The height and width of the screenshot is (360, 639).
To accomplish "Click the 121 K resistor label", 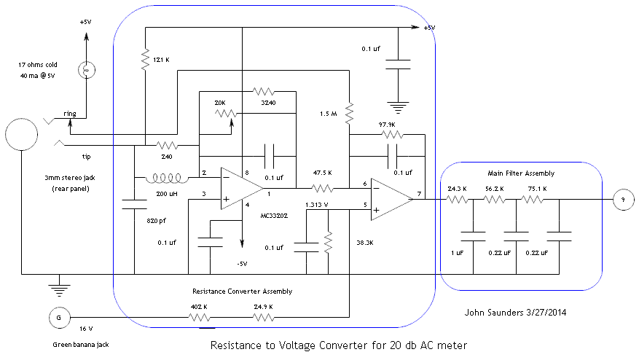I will tap(162, 59).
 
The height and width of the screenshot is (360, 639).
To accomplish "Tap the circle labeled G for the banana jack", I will tap(58, 318).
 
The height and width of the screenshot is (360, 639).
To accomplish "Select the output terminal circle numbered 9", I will tap(623, 198).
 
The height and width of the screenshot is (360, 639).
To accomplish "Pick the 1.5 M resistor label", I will tap(329, 114).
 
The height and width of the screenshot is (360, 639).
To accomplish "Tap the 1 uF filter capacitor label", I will tap(457, 253).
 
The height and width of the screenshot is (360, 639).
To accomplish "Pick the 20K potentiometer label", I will tap(220, 103).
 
